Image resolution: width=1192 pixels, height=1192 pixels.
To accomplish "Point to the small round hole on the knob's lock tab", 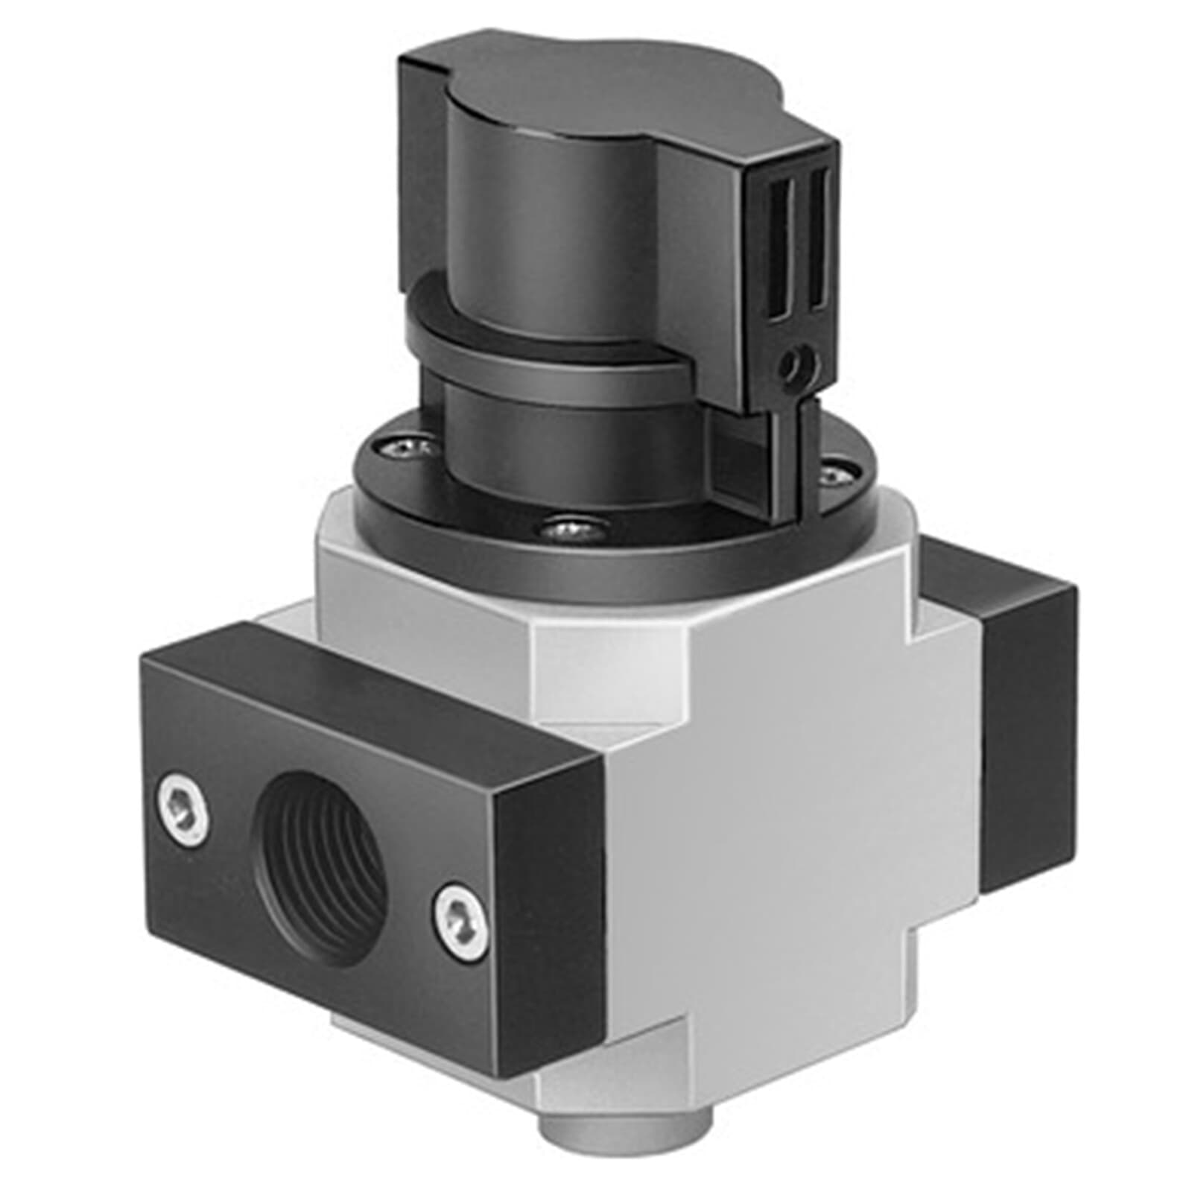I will pyautogui.click(x=795, y=364).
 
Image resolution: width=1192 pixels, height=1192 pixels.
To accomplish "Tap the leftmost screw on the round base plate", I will pyautogui.click(x=408, y=447).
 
